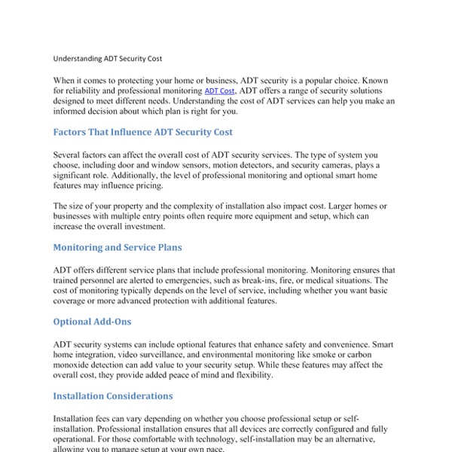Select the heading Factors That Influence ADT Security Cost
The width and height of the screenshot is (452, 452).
pyautogui.click(x=143, y=132)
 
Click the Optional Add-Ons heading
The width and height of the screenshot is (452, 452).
pyautogui.click(x=92, y=322)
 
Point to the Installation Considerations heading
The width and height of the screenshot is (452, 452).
pyautogui.click(x=113, y=395)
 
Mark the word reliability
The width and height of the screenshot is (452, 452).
pyautogui.click(x=91, y=90)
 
